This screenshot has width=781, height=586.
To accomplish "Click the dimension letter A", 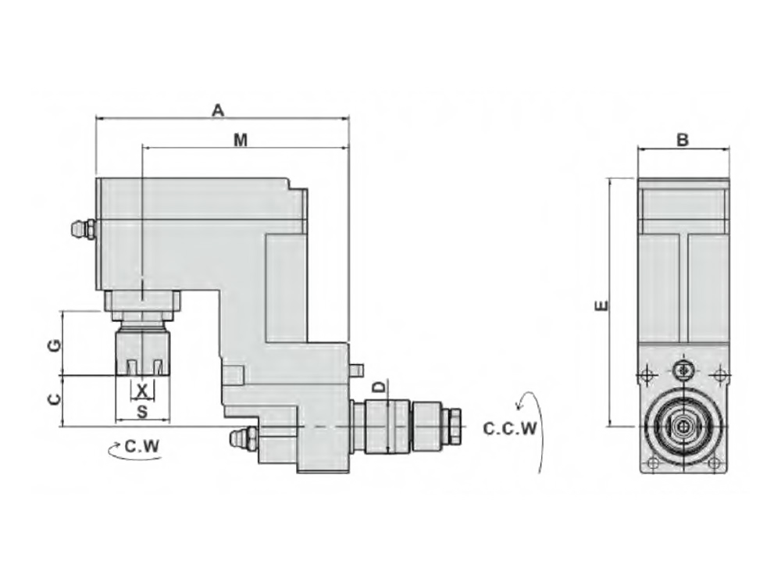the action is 218,110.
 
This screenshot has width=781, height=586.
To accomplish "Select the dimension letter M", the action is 241,141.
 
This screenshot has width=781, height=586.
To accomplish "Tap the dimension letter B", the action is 683,140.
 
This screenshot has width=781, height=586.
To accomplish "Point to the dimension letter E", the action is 602,305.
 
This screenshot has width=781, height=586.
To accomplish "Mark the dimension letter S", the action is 142,412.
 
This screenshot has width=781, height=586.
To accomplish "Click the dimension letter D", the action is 380,387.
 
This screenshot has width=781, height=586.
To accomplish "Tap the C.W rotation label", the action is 142,445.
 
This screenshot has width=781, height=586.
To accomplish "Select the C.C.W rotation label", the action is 510,428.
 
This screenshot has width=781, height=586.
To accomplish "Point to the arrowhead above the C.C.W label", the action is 519,406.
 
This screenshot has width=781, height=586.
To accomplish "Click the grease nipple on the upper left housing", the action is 84,229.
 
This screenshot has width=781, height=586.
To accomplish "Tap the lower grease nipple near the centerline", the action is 244,438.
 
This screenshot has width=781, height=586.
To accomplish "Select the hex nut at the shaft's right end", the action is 455,426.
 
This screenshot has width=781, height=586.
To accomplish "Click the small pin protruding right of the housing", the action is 355,370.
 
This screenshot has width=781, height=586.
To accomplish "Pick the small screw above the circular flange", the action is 683,370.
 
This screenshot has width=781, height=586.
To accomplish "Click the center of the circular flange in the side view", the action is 683,427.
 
